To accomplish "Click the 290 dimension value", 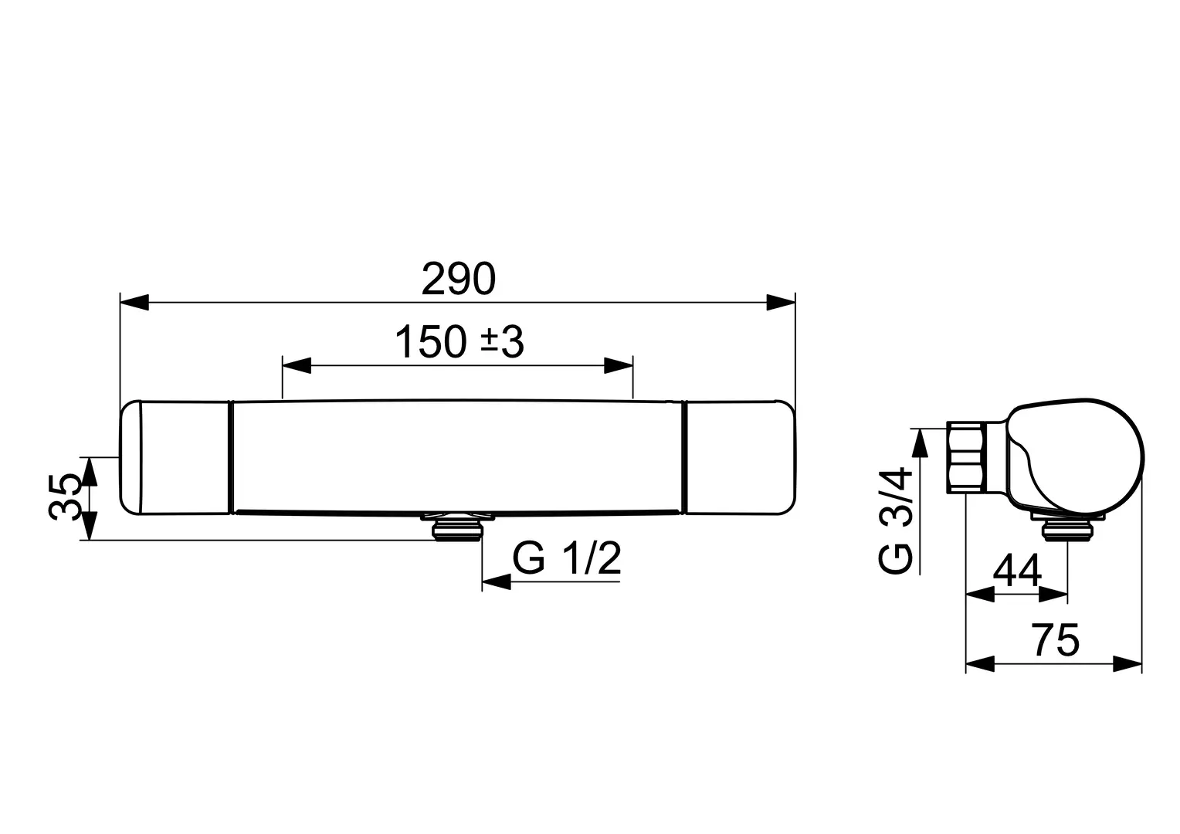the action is pyautogui.click(x=458, y=280).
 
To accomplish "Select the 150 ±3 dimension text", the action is pyautogui.click(x=459, y=342).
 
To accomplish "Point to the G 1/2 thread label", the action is pyautogui.click(x=567, y=558).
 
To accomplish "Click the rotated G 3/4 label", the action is pyautogui.click(x=895, y=520).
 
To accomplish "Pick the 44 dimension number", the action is pyautogui.click(x=1017, y=571).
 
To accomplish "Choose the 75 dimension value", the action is pyautogui.click(x=1055, y=640).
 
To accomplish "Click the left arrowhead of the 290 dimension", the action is pyautogui.click(x=135, y=303).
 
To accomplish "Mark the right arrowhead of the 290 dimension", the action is pyautogui.click(x=781, y=303).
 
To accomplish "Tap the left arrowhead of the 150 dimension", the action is pyautogui.click(x=297, y=365).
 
